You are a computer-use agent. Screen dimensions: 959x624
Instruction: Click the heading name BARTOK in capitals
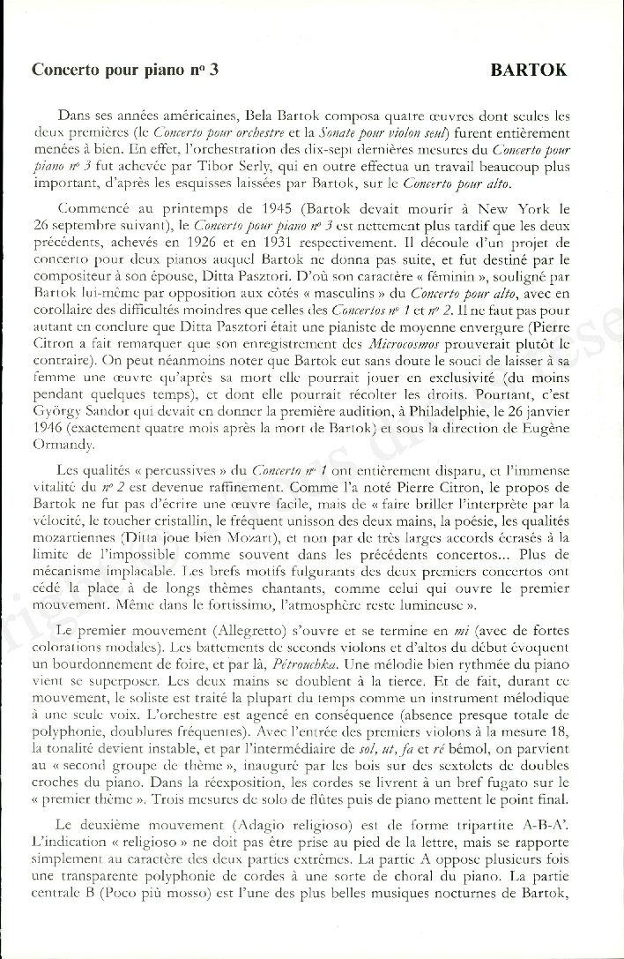(529, 70)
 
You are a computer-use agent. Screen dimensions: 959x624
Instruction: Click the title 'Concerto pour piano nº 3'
(124, 71)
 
